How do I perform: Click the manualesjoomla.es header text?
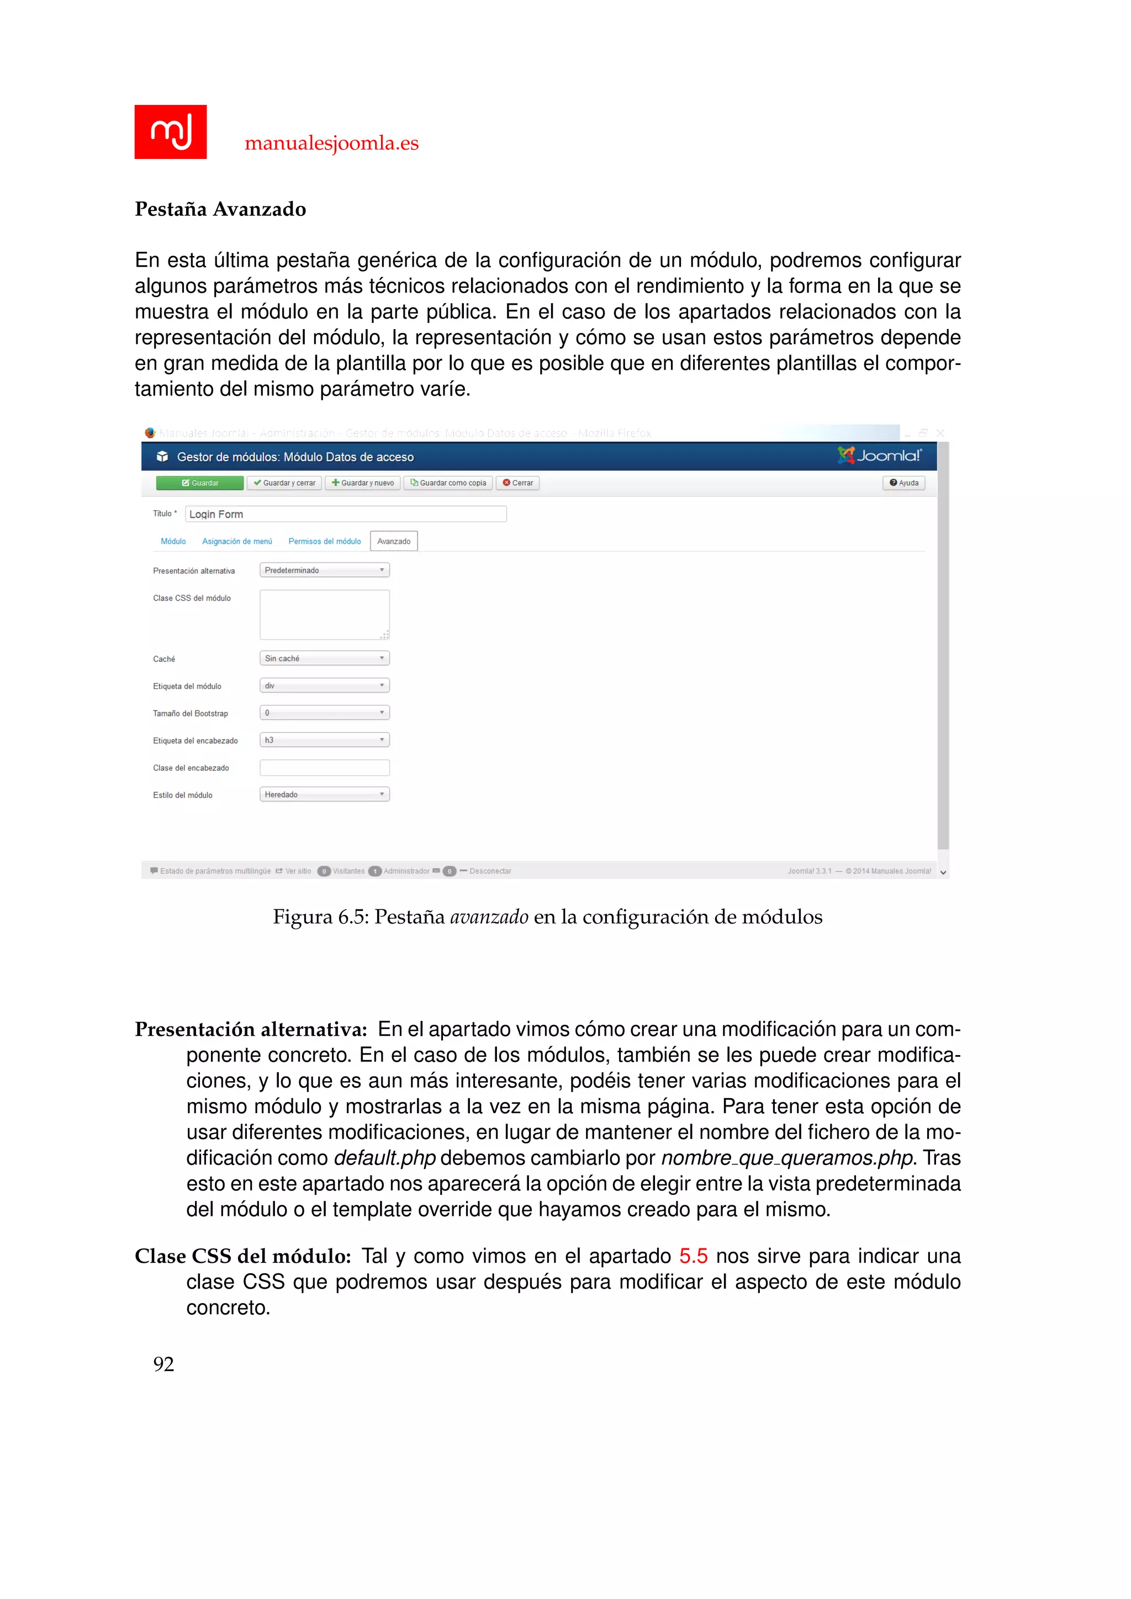pyautogui.click(x=331, y=143)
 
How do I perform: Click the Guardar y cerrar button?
pyautogui.click(x=284, y=483)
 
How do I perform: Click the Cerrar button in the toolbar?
pyautogui.click(x=517, y=483)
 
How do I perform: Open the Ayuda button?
pyautogui.click(x=903, y=483)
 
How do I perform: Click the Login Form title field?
pyautogui.click(x=345, y=514)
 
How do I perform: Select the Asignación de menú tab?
pyautogui.click(x=237, y=541)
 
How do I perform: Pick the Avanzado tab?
pyautogui.click(x=394, y=541)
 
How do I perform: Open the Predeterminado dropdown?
pyautogui.click(x=325, y=570)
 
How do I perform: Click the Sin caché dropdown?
pyautogui.click(x=325, y=658)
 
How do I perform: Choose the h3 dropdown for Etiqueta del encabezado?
pyautogui.click(x=325, y=740)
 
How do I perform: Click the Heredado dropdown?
pyautogui.click(x=325, y=795)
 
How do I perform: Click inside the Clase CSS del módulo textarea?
pyautogui.click(x=325, y=614)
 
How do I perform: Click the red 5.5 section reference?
pyautogui.click(x=693, y=1256)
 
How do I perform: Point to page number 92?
pyautogui.click(x=163, y=1364)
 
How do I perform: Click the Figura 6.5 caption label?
pyautogui.click(x=320, y=917)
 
